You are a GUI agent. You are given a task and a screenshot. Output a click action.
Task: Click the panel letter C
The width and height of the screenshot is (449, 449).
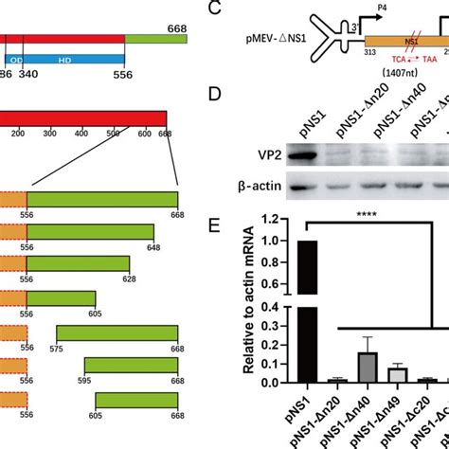point(215,12)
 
